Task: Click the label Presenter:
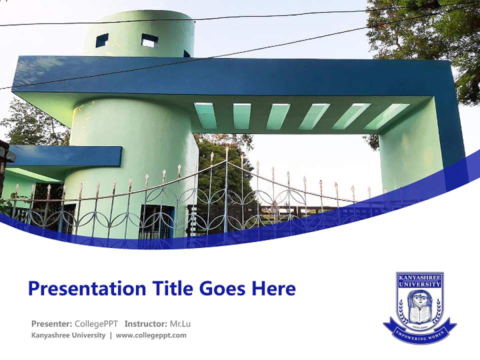click(x=51, y=323)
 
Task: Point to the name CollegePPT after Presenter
click(x=96, y=323)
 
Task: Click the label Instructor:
click(x=146, y=323)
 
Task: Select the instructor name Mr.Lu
click(x=180, y=323)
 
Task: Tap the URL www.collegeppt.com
click(x=151, y=335)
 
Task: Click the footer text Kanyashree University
click(x=68, y=335)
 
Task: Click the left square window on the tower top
click(x=102, y=40)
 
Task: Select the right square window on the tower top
click(x=149, y=40)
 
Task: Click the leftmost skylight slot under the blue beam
click(x=205, y=115)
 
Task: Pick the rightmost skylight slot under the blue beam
click(x=393, y=116)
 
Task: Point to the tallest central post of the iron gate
click(x=226, y=190)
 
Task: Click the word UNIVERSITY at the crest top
click(x=419, y=284)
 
